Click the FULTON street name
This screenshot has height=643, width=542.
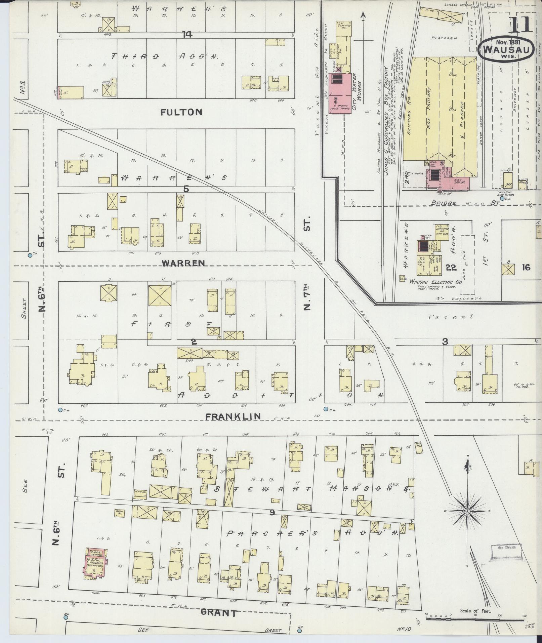[181, 112]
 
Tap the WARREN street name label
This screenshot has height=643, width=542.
[183, 263]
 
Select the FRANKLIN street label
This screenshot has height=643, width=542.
[233, 416]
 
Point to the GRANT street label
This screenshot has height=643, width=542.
[218, 612]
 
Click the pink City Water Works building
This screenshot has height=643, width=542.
[339, 93]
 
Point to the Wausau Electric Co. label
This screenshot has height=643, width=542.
[435, 283]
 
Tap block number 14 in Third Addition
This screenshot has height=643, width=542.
[187, 34]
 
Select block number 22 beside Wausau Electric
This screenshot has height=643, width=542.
[451, 267]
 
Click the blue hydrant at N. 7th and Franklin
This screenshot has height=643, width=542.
[325, 409]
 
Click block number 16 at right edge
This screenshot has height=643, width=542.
[526, 267]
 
